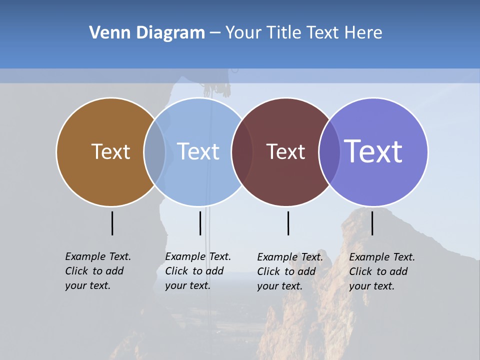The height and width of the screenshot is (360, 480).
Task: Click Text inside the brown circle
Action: [110, 151]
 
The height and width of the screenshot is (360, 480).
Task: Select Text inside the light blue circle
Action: [198, 151]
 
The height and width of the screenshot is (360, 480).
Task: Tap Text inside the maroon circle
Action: [285, 152]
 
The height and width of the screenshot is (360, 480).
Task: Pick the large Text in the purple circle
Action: [373, 151]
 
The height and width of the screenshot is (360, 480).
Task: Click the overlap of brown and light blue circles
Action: [154, 152]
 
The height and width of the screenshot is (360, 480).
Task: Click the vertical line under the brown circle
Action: [112, 223]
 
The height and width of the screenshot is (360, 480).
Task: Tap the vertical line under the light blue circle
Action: [200, 223]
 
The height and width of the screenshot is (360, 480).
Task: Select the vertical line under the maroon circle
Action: [288, 223]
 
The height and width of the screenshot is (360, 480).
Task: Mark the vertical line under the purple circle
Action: [372, 223]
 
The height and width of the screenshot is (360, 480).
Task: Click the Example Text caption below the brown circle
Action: [98, 271]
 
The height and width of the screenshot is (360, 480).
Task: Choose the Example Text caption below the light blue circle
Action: [198, 271]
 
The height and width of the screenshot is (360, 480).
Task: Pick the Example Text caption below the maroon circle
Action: [290, 271]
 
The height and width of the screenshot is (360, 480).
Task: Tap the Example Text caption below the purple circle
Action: [382, 271]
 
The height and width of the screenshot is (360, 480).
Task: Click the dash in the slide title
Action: [215, 33]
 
